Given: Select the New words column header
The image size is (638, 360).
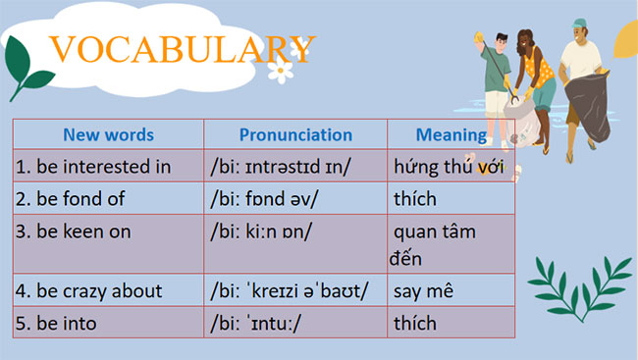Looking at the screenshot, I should pyautogui.click(x=109, y=135).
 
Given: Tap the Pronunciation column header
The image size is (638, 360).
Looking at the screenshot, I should pyautogui.click(x=295, y=135).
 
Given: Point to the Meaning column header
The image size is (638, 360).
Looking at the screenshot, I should pyautogui.click(x=451, y=135).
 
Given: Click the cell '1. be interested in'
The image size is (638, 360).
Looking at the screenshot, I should pyautogui.click(x=93, y=167).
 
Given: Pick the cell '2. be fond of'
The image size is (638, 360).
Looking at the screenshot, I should pyautogui.click(x=70, y=199).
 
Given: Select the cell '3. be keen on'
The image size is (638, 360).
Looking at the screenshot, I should pyautogui.click(x=74, y=232).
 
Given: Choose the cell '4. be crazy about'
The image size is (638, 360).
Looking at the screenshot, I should pyautogui.click(x=88, y=291).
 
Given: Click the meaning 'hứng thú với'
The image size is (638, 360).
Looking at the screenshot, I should pyautogui.click(x=448, y=167).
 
